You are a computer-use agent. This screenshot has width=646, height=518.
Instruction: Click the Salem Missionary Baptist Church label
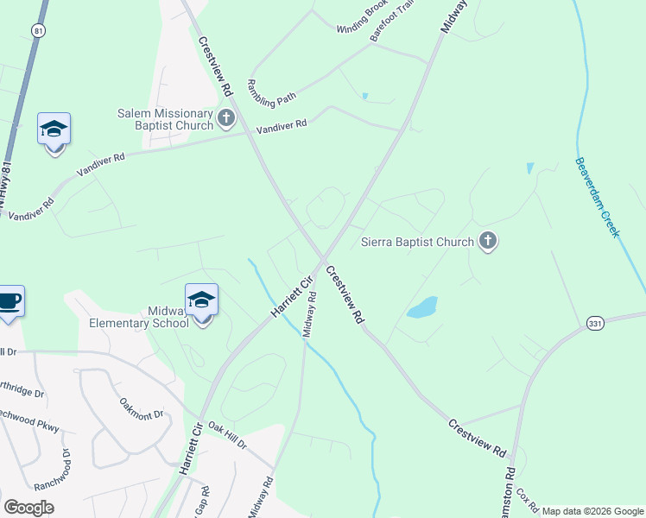(x=165, y=119)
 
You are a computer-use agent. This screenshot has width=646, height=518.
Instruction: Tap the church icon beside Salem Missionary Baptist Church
(x=226, y=118)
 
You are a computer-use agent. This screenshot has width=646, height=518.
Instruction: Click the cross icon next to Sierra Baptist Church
(x=488, y=241)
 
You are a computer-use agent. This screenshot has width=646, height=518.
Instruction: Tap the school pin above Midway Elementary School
(x=202, y=300)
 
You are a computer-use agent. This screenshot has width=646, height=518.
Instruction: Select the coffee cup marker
(x=9, y=301)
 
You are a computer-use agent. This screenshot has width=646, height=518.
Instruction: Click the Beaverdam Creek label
(x=598, y=197)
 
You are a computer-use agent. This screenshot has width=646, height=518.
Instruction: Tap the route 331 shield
(x=595, y=323)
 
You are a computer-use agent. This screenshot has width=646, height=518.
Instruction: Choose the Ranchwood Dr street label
(x=52, y=471)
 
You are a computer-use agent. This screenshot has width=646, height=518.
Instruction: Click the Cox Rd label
(x=528, y=502)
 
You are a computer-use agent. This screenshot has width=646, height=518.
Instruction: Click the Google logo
(x=29, y=508)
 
